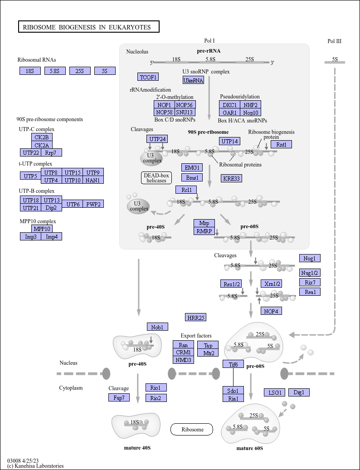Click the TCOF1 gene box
point(148,77)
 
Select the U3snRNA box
point(194,80)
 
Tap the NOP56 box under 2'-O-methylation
point(185,105)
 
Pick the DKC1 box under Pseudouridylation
point(230,105)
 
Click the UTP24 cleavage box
point(157,139)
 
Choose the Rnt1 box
point(281,144)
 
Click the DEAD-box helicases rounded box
point(156,178)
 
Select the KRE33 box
point(232,178)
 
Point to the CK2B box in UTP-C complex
point(42,137)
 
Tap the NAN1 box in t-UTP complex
point(93,180)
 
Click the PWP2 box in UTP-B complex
point(93,204)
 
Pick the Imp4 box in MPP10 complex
point(52,236)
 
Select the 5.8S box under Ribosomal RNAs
point(55,71)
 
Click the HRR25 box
point(196,317)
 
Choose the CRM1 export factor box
point(183,352)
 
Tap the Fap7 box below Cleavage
point(119,397)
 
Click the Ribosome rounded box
point(192,429)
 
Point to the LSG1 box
point(275,392)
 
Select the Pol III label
point(335,41)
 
